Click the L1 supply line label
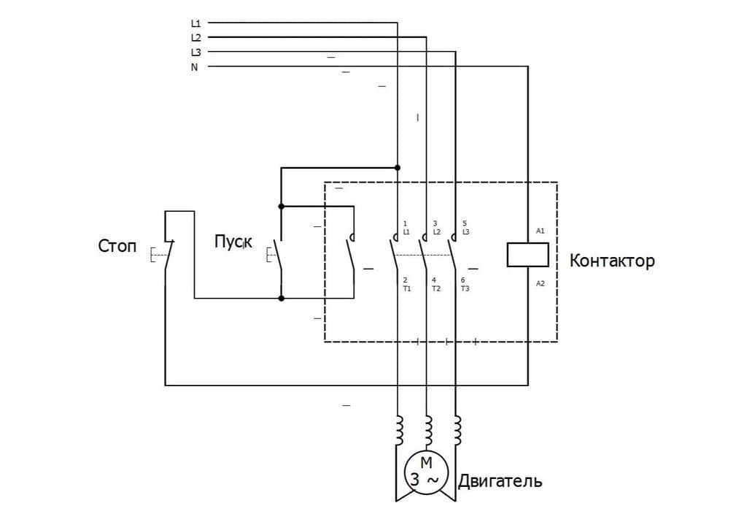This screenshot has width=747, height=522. pos(196,23)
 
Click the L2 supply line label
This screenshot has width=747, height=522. pos(196,37)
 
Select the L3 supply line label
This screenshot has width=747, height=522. pos(196,52)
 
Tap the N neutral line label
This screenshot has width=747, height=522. pos(195,67)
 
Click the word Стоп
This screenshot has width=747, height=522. pos(117,247)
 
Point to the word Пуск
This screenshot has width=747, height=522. pos(233,242)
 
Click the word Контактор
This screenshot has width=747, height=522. pos(611,261)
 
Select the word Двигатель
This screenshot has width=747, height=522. pos(500,482)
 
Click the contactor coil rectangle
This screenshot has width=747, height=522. pos(527,255)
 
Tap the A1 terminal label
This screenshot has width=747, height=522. pos(541,231)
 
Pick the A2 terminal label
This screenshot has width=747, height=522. pos(541,283)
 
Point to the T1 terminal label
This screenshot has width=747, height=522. pos(407,288)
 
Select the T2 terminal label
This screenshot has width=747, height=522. pos(436,288)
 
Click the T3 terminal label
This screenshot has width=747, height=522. pos(465,288)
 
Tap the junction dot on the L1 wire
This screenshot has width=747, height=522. pos(398,167)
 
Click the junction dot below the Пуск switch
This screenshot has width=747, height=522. pos(282,298)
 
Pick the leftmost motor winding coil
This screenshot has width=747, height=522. pos(398,431)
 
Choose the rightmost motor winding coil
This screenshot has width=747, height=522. pos(457,431)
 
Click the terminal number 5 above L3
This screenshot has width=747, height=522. pos(465,223)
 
